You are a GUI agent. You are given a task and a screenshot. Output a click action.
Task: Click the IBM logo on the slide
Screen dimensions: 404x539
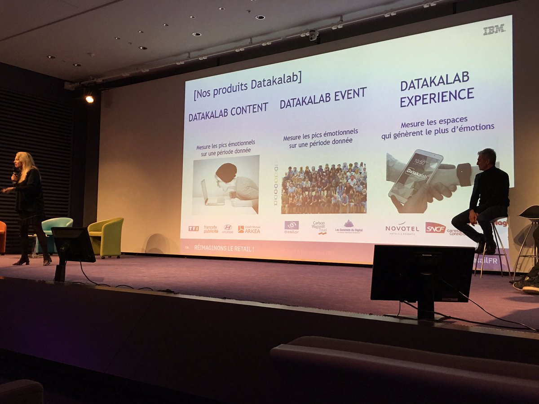point(494,30)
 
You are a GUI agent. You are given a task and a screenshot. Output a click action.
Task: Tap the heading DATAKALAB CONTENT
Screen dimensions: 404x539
point(228,112)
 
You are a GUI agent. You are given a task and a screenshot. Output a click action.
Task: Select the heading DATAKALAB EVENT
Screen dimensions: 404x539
point(323,97)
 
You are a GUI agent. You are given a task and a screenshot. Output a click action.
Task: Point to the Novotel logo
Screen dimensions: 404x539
point(402,228)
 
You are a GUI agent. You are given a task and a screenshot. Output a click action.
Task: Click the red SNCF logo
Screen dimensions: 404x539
point(435,228)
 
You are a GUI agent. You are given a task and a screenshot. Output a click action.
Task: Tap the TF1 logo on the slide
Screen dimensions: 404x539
point(194,228)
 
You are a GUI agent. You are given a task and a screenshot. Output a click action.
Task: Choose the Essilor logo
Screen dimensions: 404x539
point(292,226)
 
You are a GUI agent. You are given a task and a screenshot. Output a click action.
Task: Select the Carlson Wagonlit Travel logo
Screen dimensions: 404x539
point(319,227)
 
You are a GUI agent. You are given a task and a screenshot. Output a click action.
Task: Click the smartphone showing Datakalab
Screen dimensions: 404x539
point(415,176)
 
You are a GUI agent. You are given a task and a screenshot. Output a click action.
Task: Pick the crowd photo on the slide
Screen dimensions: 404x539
point(324,188)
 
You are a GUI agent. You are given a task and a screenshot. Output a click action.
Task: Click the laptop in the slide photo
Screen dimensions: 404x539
point(212,194)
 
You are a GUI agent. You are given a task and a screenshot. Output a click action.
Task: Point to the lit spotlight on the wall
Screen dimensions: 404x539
point(89,99)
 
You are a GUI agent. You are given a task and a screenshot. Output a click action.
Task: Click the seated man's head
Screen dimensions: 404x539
point(487,157)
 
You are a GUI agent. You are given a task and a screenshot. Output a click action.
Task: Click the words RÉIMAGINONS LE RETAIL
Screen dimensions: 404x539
point(224,248)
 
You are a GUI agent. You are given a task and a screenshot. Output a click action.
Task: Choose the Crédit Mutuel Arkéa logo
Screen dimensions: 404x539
point(249,229)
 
